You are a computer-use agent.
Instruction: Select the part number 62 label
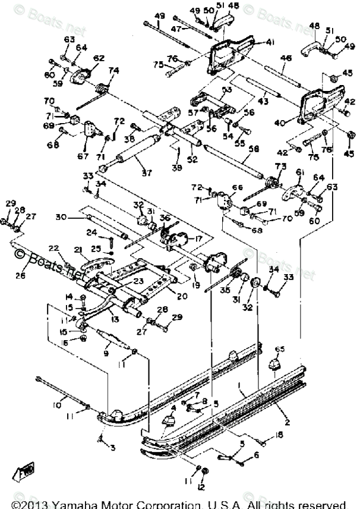[x=99, y=58]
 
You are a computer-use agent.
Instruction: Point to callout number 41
[x=254, y=43]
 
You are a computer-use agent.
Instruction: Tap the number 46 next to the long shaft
[x=286, y=58]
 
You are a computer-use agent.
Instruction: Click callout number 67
[x=83, y=156]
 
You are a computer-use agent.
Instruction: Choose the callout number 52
[x=191, y=159]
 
